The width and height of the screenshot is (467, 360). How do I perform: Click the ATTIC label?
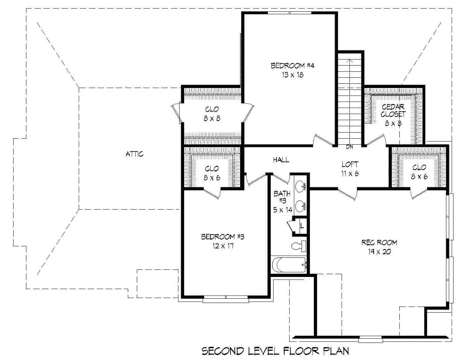click(135, 154)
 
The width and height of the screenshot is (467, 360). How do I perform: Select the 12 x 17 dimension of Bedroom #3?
click(222, 246)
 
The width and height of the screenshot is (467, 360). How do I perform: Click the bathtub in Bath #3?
click(289, 265)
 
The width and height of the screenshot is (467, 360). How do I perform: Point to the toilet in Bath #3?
click(299, 246)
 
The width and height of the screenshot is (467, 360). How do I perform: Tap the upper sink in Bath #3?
click(301, 186)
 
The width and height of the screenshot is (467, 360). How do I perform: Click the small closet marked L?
click(302, 225)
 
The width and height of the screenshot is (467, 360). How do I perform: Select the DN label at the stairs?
click(349, 146)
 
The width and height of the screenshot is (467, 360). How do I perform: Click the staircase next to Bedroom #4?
click(350, 100)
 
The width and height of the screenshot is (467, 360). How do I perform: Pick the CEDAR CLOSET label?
click(393, 110)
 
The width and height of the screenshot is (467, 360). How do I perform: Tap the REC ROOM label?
click(379, 243)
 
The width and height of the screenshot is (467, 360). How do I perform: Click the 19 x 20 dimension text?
click(380, 252)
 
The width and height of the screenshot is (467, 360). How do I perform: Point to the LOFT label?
click(350, 164)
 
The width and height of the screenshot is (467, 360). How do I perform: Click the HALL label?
click(281, 160)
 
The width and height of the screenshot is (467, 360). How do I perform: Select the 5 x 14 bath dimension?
click(283, 210)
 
